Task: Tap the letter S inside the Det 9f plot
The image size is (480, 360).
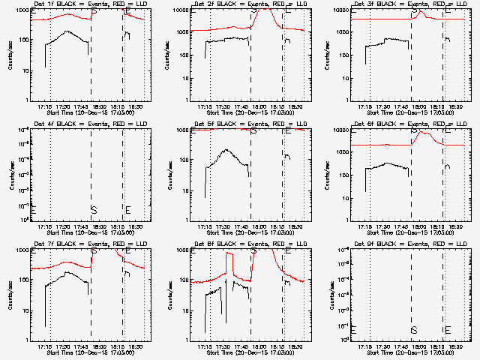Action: point(413,329)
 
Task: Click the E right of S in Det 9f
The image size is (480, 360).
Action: point(448,329)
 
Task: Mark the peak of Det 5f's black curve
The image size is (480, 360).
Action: point(227,150)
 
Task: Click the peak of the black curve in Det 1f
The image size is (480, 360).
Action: point(67,31)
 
